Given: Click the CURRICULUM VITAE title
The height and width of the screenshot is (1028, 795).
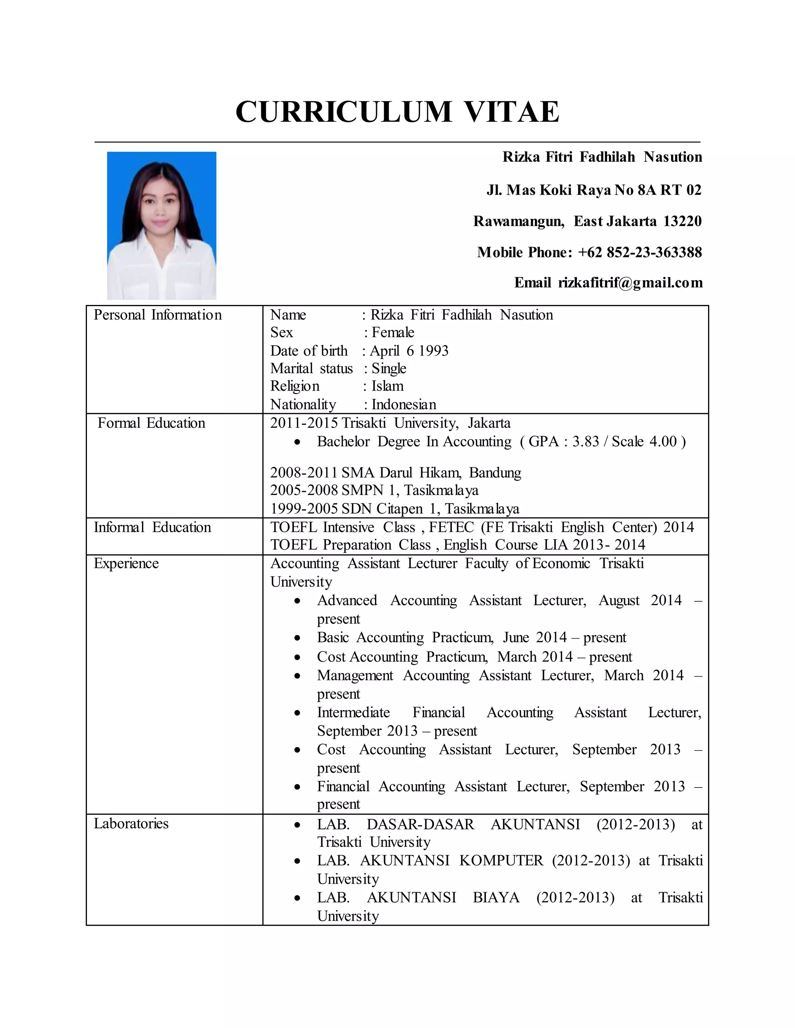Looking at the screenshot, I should pos(397,112).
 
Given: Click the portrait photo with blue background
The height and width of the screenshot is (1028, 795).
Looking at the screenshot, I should pos(161,225).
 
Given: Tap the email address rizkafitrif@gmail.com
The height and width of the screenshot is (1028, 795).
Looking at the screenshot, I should pos(630,282).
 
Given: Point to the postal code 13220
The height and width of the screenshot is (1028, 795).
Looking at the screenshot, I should pos(682,221).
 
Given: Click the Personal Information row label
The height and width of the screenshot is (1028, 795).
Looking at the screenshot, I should pos(157,315).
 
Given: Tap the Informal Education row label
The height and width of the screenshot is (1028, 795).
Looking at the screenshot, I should pos(152,527).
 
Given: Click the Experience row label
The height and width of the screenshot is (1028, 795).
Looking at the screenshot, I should pos(126,563).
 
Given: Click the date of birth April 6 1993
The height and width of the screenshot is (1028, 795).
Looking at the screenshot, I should pos(409,351).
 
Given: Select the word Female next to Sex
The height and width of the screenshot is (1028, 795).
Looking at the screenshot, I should pos(393,332).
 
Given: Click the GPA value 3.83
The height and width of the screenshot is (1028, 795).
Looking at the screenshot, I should pos(586,441).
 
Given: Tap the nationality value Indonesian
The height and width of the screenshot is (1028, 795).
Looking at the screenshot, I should pos(404,404).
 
